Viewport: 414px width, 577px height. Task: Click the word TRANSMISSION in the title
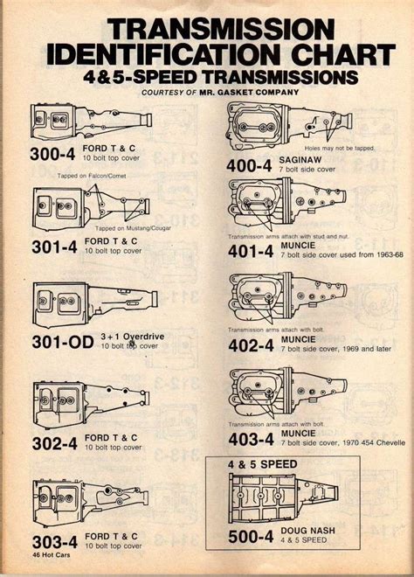209,27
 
